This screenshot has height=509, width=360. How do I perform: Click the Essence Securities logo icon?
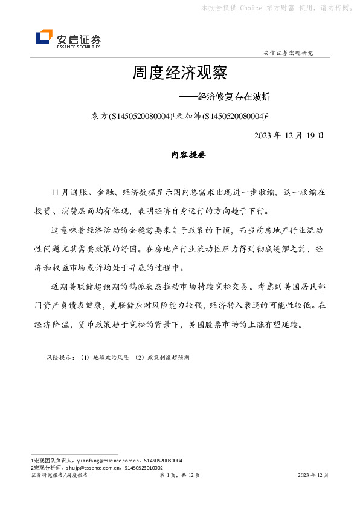click(x=45, y=37)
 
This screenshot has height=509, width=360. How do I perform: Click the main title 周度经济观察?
click(x=179, y=74)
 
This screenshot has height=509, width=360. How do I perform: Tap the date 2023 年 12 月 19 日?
click(x=289, y=134)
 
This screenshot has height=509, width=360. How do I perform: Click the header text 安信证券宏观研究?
click(x=289, y=54)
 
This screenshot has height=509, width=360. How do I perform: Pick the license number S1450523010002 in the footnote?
click(x=144, y=467)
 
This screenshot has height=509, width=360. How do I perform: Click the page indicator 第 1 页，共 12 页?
click(x=179, y=475)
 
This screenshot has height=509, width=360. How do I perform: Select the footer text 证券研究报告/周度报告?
click(x=59, y=475)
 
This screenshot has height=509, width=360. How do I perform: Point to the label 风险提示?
click(x=59, y=358)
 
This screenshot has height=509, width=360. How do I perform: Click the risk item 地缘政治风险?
click(x=106, y=358)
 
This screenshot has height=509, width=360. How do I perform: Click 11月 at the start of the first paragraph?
click(x=60, y=193)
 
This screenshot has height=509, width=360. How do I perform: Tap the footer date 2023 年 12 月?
click(x=313, y=475)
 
